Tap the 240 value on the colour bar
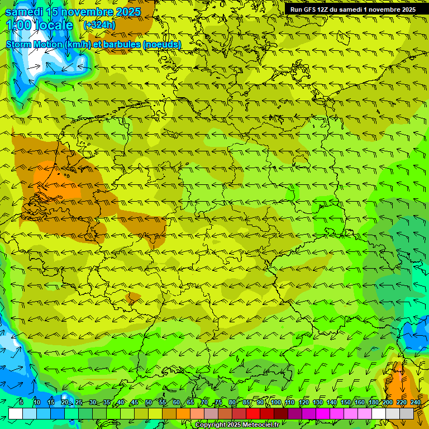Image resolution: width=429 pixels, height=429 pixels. [415, 403]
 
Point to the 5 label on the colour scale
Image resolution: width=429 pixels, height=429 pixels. [21, 403]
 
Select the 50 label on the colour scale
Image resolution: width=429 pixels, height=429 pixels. [149, 403]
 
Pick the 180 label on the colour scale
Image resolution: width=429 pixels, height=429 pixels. [373, 403]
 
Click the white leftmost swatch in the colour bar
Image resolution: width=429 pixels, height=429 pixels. [16, 413]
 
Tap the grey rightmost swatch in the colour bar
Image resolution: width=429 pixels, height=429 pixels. [407, 413]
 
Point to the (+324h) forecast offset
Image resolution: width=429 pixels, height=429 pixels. [99, 25]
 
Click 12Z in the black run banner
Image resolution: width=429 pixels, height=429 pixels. [326, 9]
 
